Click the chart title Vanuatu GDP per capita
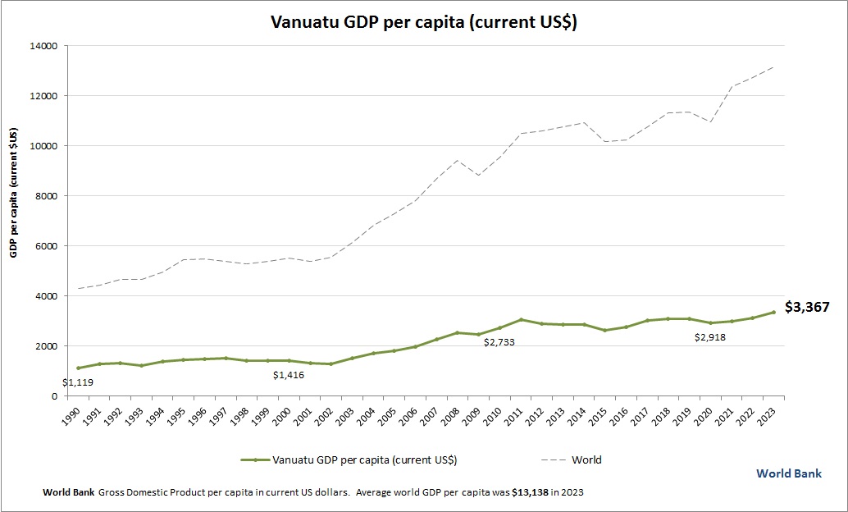tap(424, 22)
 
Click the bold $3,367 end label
tap(807, 308)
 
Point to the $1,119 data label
tap(78, 382)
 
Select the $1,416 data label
tap(289, 375)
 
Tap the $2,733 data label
tap(499, 342)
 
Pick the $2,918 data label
tap(711, 337)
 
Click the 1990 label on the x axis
tap(71, 414)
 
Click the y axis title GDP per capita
tap(14, 193)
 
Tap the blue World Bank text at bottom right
tap(789, 473)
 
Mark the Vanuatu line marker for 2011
tap(521, 320)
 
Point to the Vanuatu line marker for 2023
tap(773, 312)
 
